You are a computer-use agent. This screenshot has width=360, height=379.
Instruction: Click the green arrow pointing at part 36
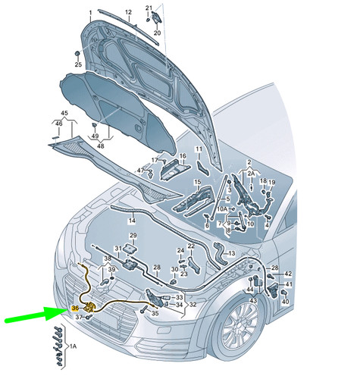[36, 315]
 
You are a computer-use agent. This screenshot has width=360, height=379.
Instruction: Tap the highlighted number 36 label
[75, 309]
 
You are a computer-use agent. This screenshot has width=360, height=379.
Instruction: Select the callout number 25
[78, 64]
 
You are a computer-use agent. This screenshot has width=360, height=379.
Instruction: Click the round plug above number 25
[77, 54]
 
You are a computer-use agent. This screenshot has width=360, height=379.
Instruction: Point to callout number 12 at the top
[128, 12]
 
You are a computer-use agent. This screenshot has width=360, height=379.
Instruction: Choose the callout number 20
[157, 33]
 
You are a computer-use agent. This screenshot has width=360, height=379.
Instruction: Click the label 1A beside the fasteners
[73, 346]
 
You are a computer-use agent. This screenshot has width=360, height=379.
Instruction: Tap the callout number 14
[132, 221]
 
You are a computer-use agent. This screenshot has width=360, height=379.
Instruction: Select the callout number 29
[133, 236]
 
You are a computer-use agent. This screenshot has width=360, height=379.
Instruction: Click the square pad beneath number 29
[130, 249]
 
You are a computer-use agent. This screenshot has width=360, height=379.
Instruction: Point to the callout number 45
[64, 113]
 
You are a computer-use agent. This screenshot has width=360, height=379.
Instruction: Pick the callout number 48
[101, 146]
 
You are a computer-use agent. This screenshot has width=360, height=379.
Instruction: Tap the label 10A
[222, 209]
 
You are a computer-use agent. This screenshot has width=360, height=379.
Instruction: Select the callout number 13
[231, 253]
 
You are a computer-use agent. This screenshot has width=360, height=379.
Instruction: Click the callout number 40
[285, 302]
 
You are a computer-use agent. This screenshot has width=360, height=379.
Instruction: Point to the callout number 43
[253, 300]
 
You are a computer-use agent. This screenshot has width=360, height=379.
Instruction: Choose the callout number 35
[155, 313]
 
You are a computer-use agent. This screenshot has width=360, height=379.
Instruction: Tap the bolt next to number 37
[89, 317]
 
